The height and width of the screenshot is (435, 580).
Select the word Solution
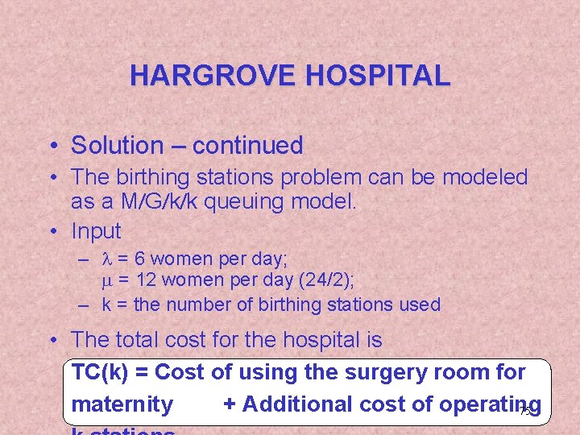pos(117,146)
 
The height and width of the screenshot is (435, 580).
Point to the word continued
pos(247,146)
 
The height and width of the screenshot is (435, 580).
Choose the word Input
pos(96,231)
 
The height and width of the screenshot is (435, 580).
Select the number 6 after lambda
pos(139,259)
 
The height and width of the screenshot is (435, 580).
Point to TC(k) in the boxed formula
pos(101,372)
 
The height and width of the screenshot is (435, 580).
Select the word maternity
pos(122,404)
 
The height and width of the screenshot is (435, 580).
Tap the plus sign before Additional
pos(229,404)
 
